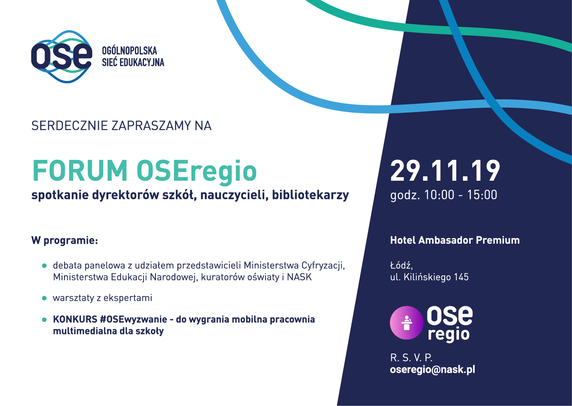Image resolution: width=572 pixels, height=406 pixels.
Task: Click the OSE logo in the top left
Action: [x=61, y=56]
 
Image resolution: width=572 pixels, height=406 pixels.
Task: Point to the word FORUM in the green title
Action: [x=80, y=171]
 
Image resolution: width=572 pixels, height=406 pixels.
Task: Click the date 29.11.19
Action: [x=445, y=171]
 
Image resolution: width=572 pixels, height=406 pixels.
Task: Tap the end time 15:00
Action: [x=482, y=195]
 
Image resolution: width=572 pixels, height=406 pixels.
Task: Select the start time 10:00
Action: [x=439, y=195]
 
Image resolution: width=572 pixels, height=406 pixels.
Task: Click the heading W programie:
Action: [x=65, y=241]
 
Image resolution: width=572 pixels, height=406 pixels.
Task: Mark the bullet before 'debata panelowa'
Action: [x=45, y=266]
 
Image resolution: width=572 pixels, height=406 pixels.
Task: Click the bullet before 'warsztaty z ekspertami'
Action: [x=45, y=298]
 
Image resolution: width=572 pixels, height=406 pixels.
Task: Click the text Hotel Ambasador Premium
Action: [x=455, y=240]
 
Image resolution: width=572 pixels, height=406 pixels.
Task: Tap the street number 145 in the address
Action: [x=461, y=277]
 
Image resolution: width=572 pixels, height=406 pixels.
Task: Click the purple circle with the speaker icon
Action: [x=407, y=323]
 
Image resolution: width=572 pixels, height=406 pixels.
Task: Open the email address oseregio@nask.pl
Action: [x=432, y=370]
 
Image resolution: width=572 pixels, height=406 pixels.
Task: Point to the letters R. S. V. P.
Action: [x=411, y=358]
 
